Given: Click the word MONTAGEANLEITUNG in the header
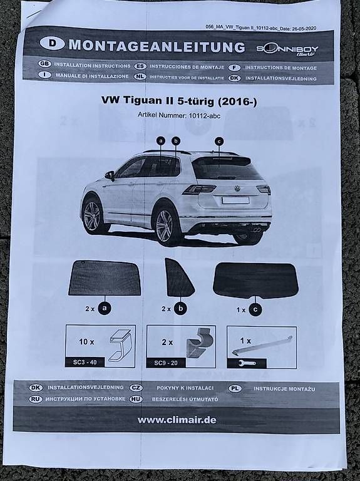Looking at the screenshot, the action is click(157, 46).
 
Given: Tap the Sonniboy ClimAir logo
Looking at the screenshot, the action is click(287, 50).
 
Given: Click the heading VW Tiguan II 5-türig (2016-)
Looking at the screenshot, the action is click(179, 101).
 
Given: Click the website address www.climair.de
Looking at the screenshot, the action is click(177, 420).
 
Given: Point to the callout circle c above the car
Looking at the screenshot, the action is click(219, 142).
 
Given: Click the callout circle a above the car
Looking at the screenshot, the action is click(161, 141).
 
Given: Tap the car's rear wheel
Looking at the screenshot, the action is click(165, 224).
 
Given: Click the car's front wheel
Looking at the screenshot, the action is click(92, 215).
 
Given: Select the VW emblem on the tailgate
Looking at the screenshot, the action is click(237, 189).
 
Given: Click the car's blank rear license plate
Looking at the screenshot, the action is click(235, 200).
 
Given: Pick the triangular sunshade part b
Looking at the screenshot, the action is click(179, 277).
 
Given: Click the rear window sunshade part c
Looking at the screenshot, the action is click(255, 281).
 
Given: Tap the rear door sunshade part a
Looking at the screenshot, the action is click(105, 278).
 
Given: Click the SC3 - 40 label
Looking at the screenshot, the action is click(85, 362).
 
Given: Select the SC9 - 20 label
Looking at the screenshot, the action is click(165, 363).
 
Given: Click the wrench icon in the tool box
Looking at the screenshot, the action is click(247, 363).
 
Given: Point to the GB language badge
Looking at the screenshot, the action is click(44, 64).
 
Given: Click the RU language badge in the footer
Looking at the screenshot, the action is click(36, 399).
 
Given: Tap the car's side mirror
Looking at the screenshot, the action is click(110, 175).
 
